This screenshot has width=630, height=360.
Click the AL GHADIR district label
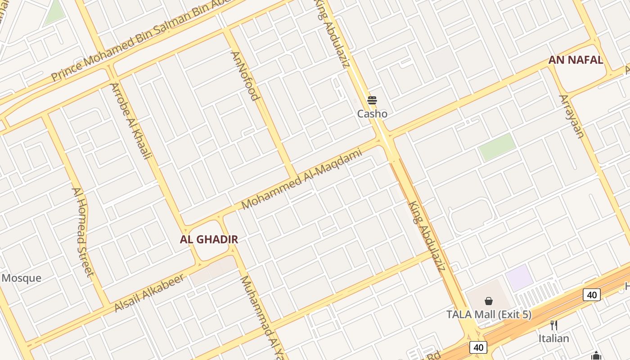tap(209, 239)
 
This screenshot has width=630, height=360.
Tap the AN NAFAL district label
tap(576, 60)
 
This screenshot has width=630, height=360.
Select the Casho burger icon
tap(372, 100)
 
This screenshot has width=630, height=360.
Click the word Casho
tap(372, 114)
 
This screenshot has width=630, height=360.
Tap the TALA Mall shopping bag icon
tap(489, 301)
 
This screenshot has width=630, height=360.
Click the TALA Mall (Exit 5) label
tap(489, 315)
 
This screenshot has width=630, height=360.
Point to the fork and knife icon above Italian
tap(554, 325)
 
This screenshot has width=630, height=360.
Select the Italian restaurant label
tap(554, 338)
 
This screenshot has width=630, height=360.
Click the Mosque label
tap(21, 278)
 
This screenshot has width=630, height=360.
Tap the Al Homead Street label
tap(83, 232)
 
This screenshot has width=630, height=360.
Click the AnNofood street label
tap(245, 75)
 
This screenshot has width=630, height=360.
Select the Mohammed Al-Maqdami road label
tap(301, 180)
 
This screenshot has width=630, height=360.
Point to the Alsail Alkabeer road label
tap(149, 292)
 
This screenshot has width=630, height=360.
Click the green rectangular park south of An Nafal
tap(497, 147)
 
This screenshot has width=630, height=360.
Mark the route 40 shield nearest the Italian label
tap(591, 295)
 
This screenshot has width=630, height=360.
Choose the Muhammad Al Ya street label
tap(263, 315)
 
